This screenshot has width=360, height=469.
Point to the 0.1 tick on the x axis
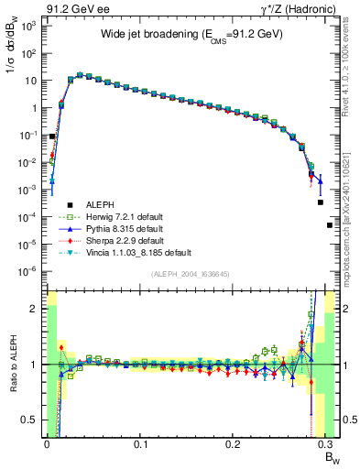pyautogui.click(x=140, y=443)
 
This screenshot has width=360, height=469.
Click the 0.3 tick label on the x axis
pyautogui.click(x=328, y=443)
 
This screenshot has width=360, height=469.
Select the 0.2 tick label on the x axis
pyautogui.click(x=235, y=443)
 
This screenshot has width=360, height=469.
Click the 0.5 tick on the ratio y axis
pyautogui.click(x=29, y=420)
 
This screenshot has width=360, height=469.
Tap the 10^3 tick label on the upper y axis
pyautogui.click(x=27, y=27)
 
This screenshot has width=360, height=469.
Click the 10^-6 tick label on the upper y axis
pyautogui.click(x=27, y=271)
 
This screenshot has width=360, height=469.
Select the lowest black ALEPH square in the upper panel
pyautogui.click(x=330, y=224)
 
